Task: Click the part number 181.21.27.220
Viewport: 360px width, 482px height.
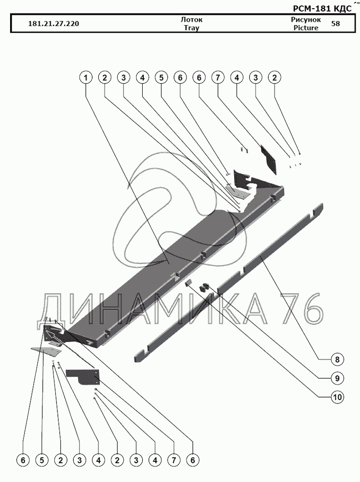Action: (x=54, y=24)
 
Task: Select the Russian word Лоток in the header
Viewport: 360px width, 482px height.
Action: (x=191, y=20)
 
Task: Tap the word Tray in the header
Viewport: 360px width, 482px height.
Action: (x=191, y=28)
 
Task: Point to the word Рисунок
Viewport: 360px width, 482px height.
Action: (x=306, y=20)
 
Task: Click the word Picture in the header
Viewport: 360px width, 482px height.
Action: (x=306, y=28)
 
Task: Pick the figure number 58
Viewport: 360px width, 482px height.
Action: (x=335, y=24)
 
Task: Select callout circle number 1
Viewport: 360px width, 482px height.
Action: (x=86, y=78)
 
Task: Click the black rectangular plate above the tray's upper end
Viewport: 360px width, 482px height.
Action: (x=270, y=159)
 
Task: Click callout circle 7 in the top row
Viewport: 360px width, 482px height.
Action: (x=218, y=78)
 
